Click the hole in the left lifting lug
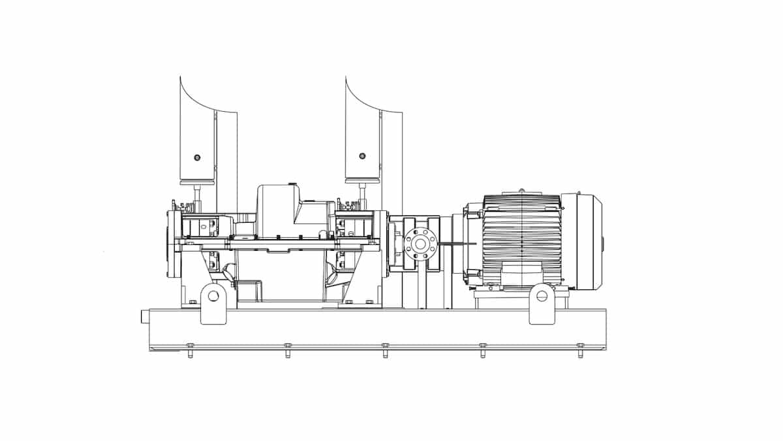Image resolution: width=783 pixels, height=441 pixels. (213, 296)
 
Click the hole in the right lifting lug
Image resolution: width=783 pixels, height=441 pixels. (542, 296)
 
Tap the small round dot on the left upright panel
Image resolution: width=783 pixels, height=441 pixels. (197, 157)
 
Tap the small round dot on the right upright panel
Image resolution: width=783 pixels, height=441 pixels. (362, 156)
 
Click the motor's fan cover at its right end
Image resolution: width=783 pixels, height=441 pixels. (589, 241)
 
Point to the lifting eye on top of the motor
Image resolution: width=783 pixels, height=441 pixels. (521, 191)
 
